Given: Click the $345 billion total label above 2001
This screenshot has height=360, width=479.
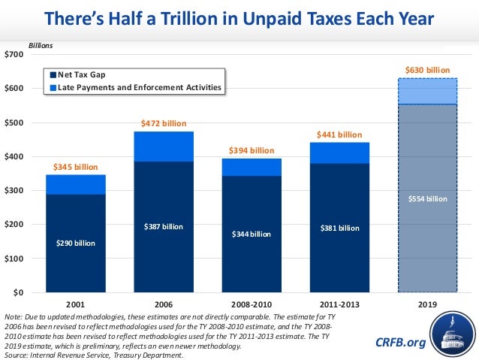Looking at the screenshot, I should [x=75, y=166].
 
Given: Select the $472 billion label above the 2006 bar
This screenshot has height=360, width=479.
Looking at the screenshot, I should [x=163, y=123].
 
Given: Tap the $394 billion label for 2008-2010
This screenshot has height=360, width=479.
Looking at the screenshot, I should [x=252, y=150].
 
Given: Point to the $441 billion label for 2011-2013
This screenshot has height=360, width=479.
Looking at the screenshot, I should [x=339, y=135].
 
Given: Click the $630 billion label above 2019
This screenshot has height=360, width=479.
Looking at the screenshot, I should [x=427, y=70].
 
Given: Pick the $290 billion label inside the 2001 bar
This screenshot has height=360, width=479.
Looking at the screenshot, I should [x=75, y=243].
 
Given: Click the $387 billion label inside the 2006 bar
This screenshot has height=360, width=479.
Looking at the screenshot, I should [x=163, y=226].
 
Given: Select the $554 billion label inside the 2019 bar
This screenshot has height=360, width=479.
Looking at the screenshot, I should [x=427, y=199].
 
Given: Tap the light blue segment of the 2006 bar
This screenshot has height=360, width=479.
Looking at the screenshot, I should [x=163, y=147].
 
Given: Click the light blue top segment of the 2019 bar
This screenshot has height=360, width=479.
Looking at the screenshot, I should [x=427, y=91].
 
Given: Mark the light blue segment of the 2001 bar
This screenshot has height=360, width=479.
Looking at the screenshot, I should [x=75, y=184].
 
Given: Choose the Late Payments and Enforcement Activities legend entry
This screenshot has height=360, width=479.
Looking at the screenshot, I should [x=135, y=87].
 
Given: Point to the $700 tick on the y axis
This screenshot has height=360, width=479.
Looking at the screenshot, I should [x=14, y=55].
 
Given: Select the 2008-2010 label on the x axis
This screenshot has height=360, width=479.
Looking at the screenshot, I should [x=252, y=305].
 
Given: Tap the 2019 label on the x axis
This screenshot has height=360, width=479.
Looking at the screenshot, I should [x=427, y=305].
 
